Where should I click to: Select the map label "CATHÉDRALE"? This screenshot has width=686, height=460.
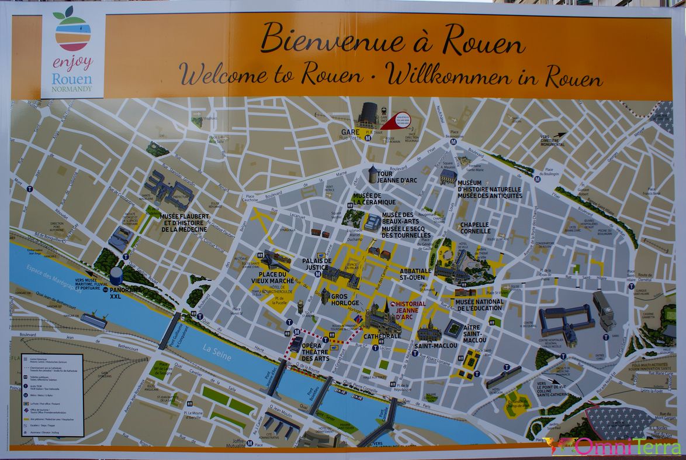click(382, 337)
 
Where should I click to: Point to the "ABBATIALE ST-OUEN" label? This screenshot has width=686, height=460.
click(416, 274)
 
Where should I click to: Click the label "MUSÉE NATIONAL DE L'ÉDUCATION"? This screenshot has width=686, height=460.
click(479, 305)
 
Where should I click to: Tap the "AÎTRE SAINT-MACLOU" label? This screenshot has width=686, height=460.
click(472, 333)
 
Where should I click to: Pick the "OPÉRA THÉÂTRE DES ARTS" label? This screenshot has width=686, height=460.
click(315, 351)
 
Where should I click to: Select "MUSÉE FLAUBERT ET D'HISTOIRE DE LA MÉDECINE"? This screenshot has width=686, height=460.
click(184, 222)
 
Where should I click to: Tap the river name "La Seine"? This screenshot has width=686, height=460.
click(217, 353)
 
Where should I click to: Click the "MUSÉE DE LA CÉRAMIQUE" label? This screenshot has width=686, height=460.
click(374, 199)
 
